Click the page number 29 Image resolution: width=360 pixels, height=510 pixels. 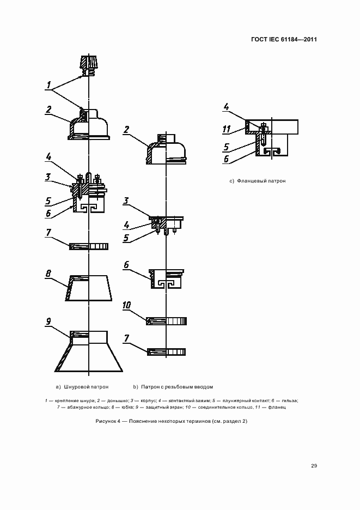coord(314,465)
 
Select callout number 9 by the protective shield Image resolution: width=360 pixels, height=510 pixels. coord(48,321)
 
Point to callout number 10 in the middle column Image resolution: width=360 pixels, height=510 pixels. coord(127,306)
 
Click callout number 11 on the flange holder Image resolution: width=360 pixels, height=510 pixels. coord(227,130)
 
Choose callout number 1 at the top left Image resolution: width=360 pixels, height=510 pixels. coord(50,86)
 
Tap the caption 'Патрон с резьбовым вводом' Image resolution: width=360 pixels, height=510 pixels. coord(177,387)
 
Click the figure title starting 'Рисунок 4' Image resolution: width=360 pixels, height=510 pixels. coord(171,421)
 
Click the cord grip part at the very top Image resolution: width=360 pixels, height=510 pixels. coord(88,64)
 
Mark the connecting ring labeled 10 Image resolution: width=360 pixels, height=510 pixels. coord(166,321)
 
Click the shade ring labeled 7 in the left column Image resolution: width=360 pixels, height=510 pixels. coord(88,246)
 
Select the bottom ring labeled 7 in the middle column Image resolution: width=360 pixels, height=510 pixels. coord(167,352)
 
